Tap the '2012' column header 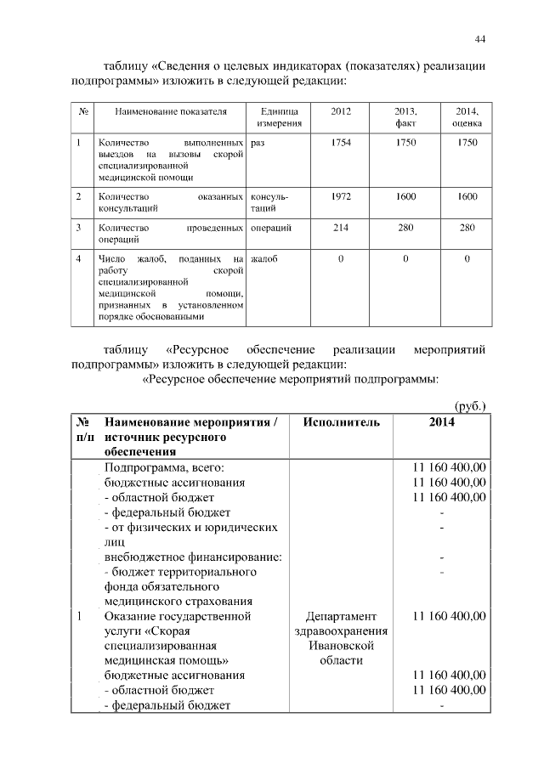point(340,111)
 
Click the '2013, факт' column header point(405,117)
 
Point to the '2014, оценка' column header point(467,117)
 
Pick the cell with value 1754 point(340,142)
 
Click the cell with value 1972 point(340,196)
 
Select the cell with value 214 point(340,228)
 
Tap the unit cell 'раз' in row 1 point(258,143)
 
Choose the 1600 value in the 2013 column point(405,196)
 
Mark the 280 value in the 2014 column point(467,228)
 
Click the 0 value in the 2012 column point(340,258)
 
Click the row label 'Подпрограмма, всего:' point(163,466)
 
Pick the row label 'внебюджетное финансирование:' point(193,557)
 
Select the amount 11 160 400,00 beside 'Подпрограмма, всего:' point(449,466)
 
